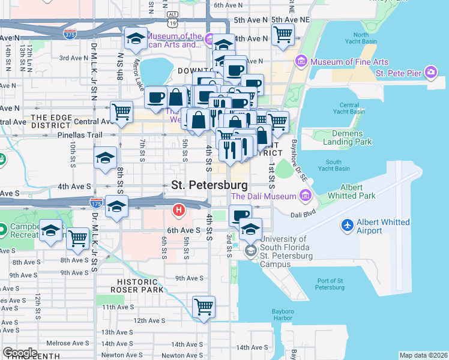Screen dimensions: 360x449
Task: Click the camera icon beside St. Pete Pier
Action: click(431, 73)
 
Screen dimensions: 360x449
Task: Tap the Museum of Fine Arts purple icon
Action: click(301, 62)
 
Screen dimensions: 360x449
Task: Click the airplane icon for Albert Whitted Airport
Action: click(347, 226)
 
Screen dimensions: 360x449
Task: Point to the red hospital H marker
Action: click(178, 211)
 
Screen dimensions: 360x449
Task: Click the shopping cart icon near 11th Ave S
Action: click(204, 307)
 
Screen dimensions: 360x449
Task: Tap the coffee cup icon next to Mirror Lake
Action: click(156, 97)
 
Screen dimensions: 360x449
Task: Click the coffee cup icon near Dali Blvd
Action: click(240, 215)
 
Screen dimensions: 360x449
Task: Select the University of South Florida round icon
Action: click(250, 251)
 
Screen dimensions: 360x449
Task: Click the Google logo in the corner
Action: click(20, 353)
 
